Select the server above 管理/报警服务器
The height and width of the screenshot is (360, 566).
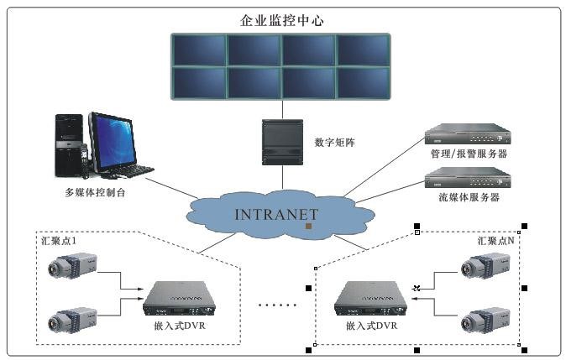point(468,135)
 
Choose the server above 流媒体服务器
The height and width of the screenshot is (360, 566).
point(468,178)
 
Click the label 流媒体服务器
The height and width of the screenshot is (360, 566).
point(469,197)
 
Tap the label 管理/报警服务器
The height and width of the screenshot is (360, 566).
point(469,154)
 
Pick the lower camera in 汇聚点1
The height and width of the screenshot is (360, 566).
point(73,319)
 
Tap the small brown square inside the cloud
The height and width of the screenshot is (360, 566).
point(309,227)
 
